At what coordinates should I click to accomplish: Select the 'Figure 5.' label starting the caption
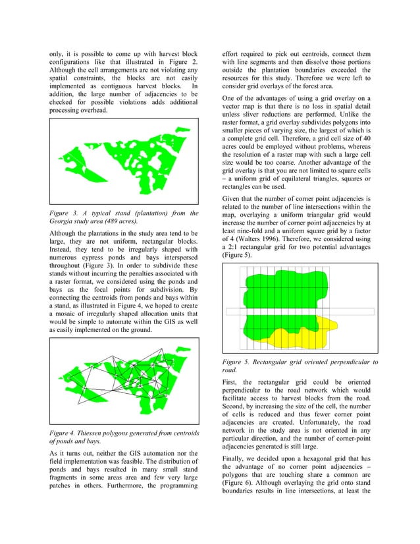tap(239, 362)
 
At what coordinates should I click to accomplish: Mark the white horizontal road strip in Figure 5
tap(300, 312)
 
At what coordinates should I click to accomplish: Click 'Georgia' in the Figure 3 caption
tap(64, 222)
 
